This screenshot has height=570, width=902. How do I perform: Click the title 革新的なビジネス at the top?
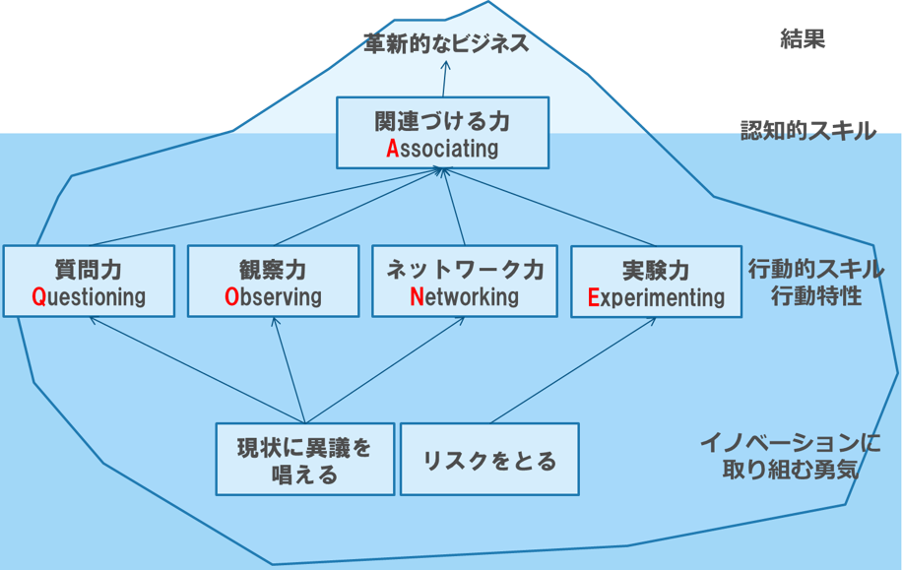point(446,43)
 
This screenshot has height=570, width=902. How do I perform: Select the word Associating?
point(442,149)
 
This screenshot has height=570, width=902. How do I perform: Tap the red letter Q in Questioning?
point(38,296)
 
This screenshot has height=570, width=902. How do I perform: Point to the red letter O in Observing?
point(231,296)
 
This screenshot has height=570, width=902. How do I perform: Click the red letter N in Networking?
point(417,296)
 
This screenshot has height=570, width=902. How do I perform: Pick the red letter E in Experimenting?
point(594,297)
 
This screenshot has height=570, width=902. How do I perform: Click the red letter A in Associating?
point(392,149)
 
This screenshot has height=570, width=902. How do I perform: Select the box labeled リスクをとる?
point(489,459)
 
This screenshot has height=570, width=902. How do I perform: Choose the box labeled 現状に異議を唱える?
point(305,459)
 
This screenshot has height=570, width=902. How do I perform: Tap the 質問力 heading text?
point(88,270)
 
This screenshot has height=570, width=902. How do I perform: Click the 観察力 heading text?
point(273,270)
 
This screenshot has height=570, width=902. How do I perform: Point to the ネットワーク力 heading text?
point(465,270)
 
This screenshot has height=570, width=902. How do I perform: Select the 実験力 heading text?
point(656,271)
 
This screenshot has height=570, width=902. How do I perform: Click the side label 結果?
point(803,39)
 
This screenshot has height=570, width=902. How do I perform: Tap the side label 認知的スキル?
point(808,131)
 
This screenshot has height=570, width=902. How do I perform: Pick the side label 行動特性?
point(816,296)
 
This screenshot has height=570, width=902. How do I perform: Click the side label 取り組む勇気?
point(791,470)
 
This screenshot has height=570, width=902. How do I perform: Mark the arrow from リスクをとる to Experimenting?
point(573,370)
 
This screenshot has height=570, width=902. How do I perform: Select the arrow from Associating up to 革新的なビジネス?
point(445,79)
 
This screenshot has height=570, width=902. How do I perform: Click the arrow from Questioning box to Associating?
point(266,207)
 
